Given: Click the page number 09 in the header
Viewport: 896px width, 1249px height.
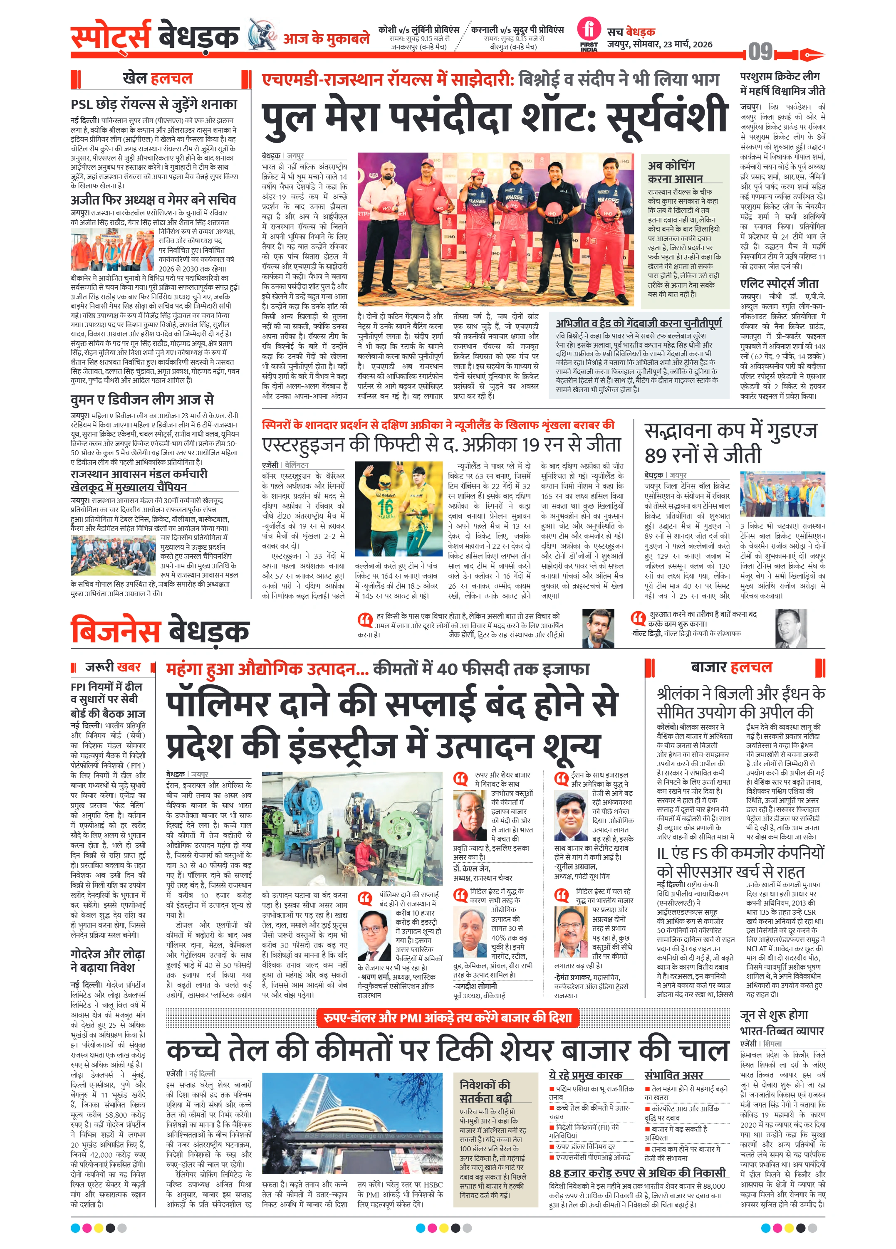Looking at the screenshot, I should point(760,52).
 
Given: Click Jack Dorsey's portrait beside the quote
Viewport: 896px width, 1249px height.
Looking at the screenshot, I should point(598,628).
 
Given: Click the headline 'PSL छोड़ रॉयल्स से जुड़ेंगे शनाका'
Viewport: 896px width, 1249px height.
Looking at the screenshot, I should point(154,104).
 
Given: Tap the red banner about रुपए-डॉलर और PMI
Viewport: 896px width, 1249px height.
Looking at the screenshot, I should point(448,1017).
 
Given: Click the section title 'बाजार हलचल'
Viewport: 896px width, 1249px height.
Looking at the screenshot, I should point(731,667).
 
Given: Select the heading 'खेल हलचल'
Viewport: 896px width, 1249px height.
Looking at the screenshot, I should point(158,78).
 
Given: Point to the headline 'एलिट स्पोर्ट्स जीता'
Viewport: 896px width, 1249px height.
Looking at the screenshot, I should point(779,284).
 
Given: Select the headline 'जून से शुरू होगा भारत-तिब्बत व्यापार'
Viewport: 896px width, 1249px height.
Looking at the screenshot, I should point(781,1023).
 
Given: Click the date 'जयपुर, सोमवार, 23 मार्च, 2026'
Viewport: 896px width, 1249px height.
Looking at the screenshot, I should point(660,44).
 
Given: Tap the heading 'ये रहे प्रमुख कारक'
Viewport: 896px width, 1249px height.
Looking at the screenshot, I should point(585,1074).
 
